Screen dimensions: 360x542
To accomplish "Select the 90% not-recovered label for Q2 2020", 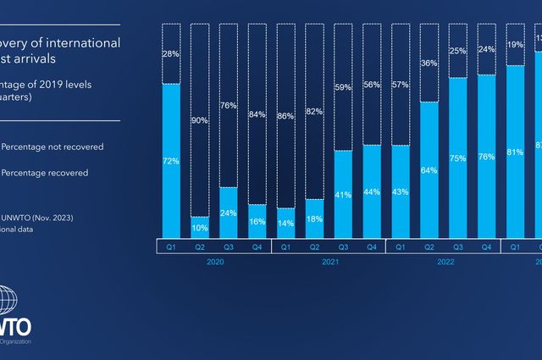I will coord(200,119).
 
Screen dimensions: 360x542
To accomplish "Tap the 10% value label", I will coord(200,228).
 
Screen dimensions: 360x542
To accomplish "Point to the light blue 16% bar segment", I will coord(257,222).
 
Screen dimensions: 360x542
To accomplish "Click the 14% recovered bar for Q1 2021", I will coord(286,224).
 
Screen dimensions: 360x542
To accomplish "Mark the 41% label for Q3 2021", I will coord(343,194).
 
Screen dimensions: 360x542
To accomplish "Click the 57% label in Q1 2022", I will coord(401,85).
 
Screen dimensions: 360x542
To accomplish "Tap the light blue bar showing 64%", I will coord(429,169).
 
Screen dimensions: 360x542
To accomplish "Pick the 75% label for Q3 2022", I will coord(458,158).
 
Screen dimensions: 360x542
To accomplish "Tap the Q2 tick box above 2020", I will coord(200,246).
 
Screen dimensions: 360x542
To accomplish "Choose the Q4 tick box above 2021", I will coord(372,246).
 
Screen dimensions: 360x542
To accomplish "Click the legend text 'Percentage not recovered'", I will coord(53,147).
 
